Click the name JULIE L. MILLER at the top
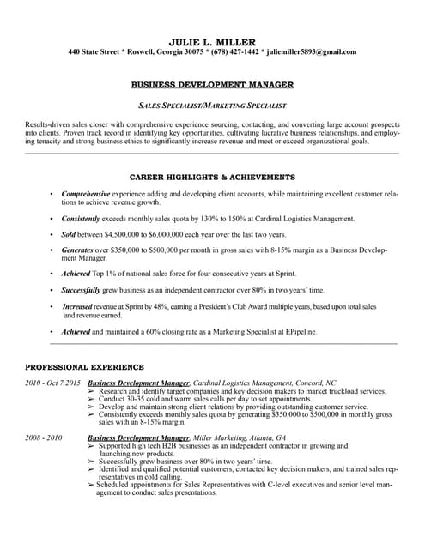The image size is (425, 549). coord(212,40)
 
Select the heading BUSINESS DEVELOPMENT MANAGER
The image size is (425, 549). coord(212,85)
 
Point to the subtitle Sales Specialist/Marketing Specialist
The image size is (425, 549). coord(212,105)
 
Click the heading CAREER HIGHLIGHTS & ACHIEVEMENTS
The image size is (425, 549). coord(212,176)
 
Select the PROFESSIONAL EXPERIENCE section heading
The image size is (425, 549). coord(84,366)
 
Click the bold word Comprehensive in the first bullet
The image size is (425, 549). coord(86,194)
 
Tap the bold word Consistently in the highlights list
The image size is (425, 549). coord(82,219)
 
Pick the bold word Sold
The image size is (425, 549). coord(70,234)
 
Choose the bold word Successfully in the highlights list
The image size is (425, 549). coord(82,290)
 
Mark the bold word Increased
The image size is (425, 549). coord(77,306)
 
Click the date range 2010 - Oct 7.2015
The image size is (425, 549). coord(53,383)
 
